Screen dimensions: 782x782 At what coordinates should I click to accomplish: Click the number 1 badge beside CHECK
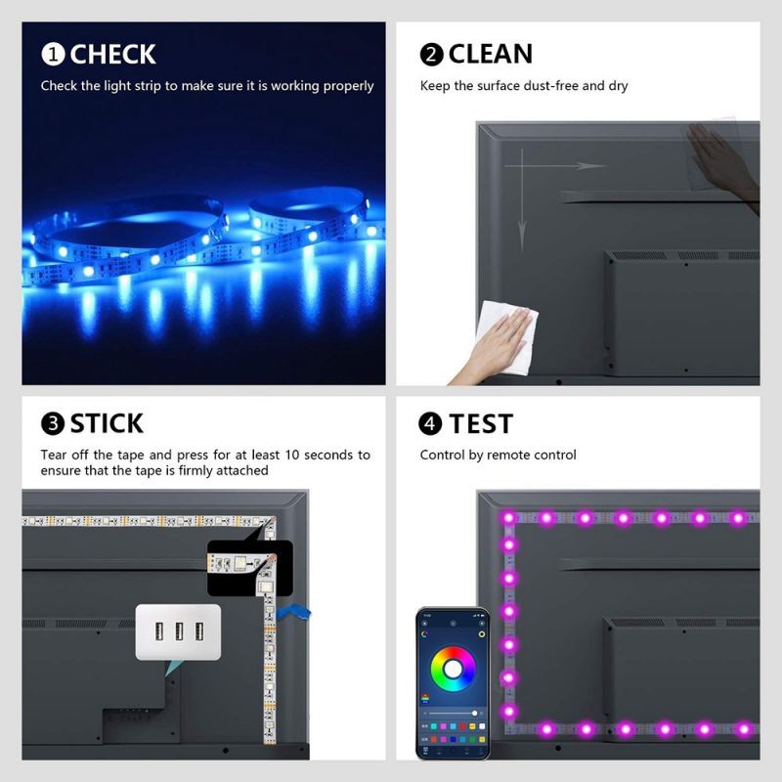(x=53, y=54)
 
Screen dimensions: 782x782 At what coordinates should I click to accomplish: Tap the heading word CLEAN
(x=491, y=54)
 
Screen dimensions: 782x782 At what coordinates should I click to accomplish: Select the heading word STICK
(x=107, y=423)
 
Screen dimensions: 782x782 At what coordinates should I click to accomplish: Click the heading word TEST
(x=481, y=423)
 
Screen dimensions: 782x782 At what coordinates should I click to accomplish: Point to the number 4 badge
(x=430, y=424)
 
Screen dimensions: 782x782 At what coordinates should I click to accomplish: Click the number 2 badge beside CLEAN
(x=432, y=54)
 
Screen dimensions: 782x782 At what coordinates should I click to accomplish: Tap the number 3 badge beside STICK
(x=53, y=424)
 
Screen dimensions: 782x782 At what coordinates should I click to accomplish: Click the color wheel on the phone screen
(x=453, y=669)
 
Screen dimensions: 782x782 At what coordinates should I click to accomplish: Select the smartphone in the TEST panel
(x=453, y=683)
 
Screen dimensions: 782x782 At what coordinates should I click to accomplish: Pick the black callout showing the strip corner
(x=249, y=567)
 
